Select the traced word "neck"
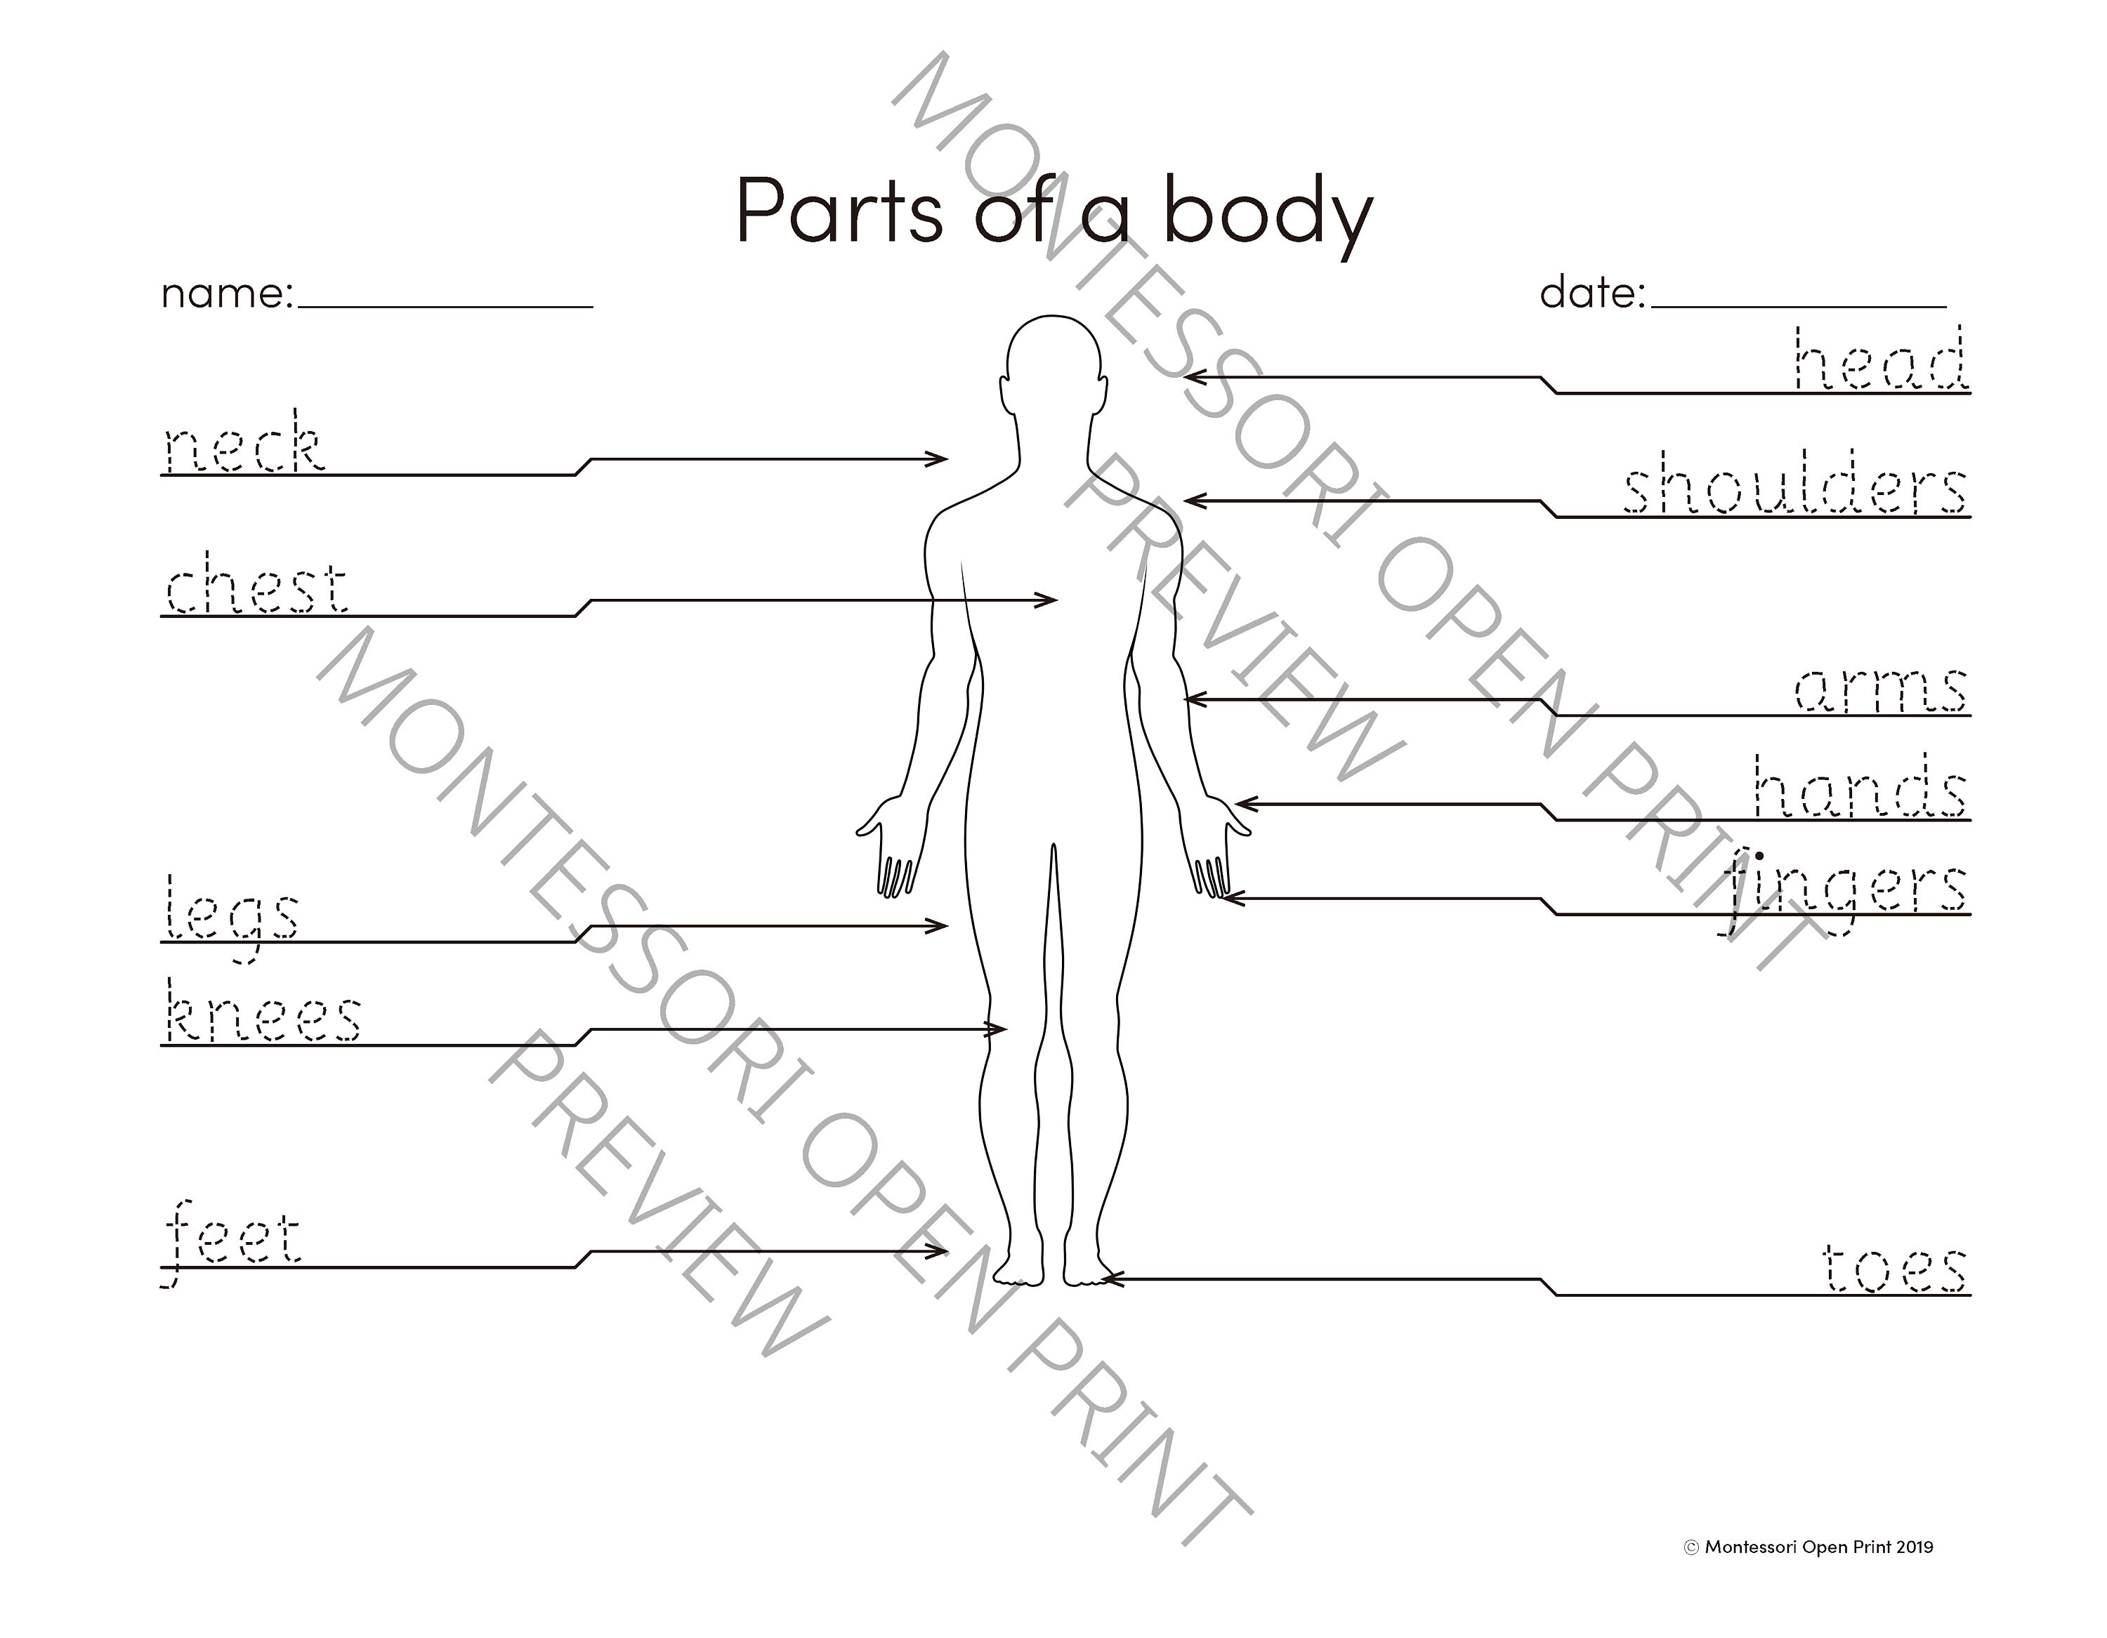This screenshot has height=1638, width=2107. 242,444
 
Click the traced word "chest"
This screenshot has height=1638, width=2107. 256,585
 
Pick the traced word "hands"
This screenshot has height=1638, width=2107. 1858,788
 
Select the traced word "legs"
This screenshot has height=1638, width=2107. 232,911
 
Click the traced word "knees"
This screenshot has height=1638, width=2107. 263,1014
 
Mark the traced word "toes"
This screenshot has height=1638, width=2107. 1893,1267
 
